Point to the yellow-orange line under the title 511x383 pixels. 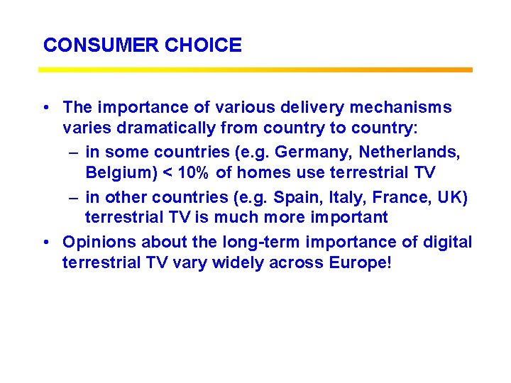(255, 70)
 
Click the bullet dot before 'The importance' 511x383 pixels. (45, 108)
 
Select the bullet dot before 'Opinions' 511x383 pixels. (45, 243)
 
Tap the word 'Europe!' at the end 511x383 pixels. (360, 264)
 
